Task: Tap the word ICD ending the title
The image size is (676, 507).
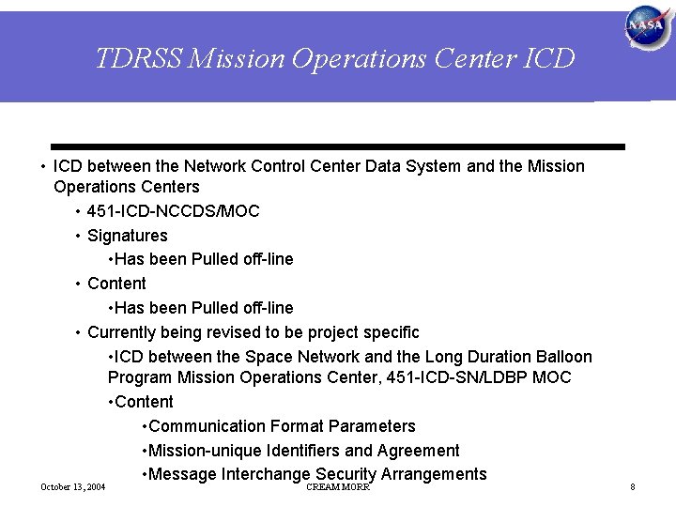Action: click(x=545, y=59)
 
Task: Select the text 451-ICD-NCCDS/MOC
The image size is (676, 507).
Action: click(x=173, y=211)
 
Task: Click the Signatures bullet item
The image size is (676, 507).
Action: click(x=127, y=236)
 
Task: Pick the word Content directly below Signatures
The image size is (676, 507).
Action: click(x=116, y=284)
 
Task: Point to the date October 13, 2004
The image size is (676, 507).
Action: click(x=73, y=487)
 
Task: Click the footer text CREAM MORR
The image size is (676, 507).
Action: click(x=338, y=487)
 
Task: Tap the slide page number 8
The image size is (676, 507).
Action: click(x=633, y=487)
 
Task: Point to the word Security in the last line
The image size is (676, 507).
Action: click(x=346, y=474)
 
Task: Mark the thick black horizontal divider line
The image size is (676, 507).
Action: click(x=338, y=147)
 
